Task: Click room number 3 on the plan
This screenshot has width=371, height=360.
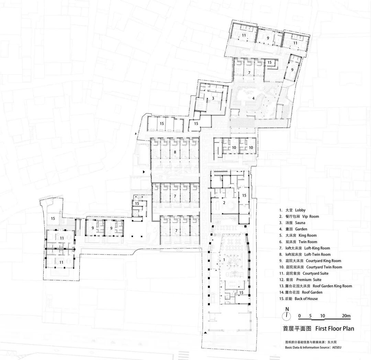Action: pyautogui.click(x=213, y=98)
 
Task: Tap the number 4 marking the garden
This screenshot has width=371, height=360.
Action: pyautogui.click(x=254, y=98)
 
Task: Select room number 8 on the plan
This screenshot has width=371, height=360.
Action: pyautogui.click(x=175, y=152)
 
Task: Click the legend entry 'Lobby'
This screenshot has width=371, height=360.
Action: pyautogui.click(x=300, y=210)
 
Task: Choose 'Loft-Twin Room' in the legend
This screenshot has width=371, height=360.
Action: pyautogui.click(x=317, y=254)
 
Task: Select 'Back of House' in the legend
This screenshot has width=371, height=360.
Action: pyautogui.click(x=306, y=299)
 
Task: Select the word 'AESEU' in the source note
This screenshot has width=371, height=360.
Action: pyautogui.click(x=339, y=347)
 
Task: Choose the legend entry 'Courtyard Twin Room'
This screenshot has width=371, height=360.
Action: pyautogui.click(x=324, y=267)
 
